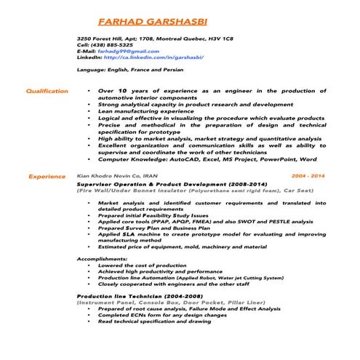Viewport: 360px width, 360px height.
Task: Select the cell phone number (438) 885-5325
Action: [x=111, y=45]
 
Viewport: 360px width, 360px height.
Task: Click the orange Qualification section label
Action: [x=47, y=91]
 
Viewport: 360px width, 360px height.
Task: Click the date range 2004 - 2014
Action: [x=308, y=176]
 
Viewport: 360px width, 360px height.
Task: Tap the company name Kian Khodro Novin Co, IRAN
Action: [x=117, y=176]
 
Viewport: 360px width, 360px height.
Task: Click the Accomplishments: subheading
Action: [x=103, y=259]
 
